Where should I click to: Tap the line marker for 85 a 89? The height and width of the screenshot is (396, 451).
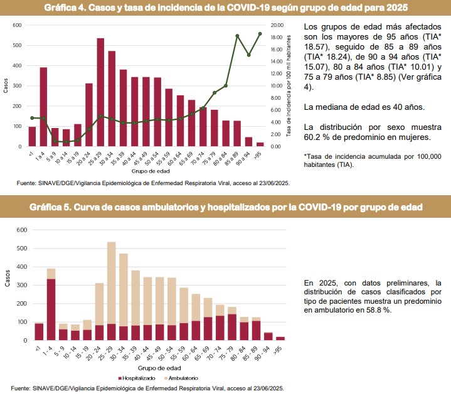[237, 36]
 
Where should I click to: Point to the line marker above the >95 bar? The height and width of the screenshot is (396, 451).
[260, 33]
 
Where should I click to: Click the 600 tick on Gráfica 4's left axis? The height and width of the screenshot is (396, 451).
[17, 25]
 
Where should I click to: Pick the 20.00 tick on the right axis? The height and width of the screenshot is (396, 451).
[277, 25]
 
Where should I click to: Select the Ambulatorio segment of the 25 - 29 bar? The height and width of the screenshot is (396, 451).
[111, 282]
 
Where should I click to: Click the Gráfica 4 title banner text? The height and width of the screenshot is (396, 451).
[225, 8]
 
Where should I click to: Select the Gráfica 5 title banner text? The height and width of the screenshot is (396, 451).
[225, 206]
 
